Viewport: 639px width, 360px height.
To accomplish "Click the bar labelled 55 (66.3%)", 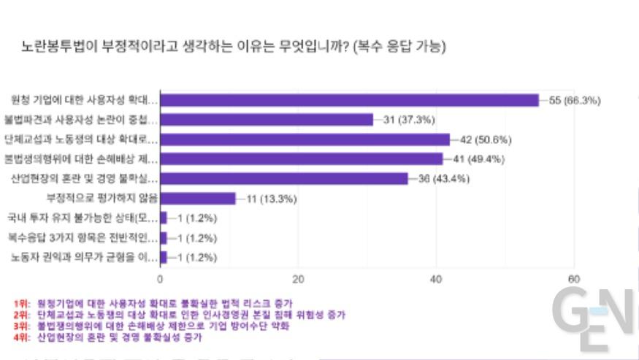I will (349, 100).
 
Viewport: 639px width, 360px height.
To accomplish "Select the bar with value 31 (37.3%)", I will (267, 120).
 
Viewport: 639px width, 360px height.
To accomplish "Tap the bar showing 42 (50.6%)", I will (305, 139).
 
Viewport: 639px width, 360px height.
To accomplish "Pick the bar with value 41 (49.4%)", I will (301, 159).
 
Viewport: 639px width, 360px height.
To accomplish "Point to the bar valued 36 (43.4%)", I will (284, 178).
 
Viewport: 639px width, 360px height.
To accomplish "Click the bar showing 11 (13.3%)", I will (198, 198).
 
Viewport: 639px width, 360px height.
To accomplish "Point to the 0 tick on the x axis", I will (160, 278).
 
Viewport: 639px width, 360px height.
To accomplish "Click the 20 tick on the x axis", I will (298, 278).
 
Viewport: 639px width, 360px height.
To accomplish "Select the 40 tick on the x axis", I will (436, 278).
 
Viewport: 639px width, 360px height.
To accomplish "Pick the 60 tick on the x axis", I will (574, 278).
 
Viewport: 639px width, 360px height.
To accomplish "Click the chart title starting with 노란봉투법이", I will (234, 47).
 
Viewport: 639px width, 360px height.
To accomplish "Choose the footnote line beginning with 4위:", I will (117, 337).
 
